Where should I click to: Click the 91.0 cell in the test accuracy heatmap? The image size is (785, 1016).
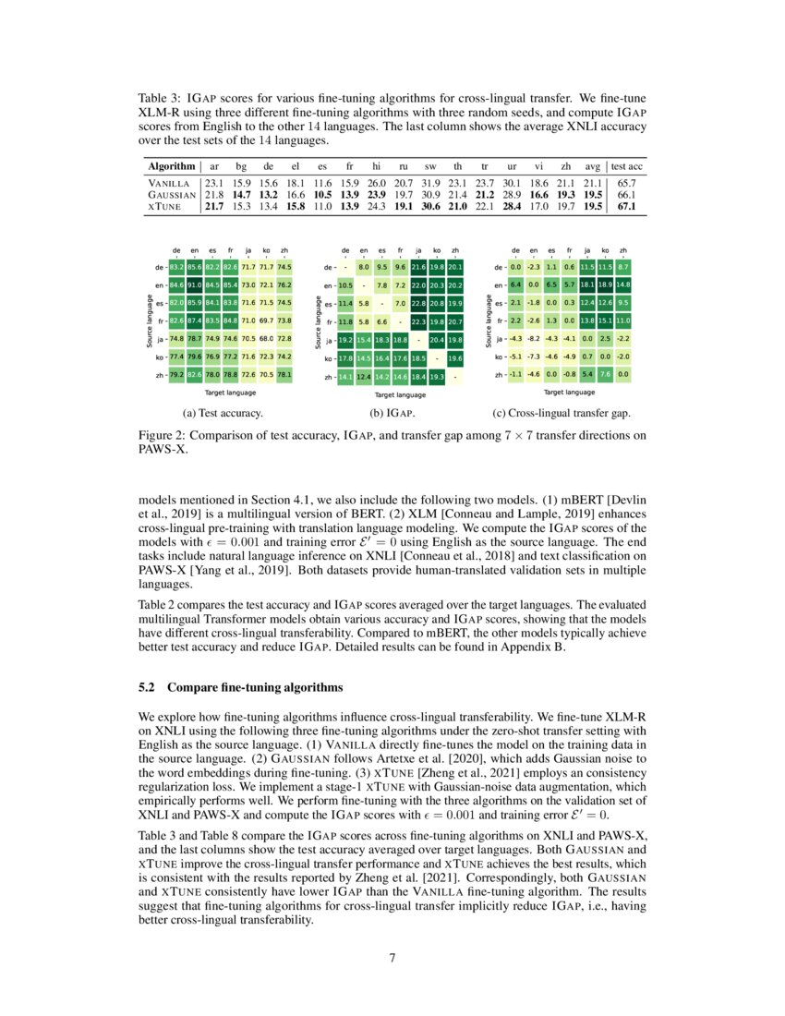(x=194, y=284)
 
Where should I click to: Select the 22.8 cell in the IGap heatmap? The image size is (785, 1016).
(x=418, y=302)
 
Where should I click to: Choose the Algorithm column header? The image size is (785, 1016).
(x=171, y=166)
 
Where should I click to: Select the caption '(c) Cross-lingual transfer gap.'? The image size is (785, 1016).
(x=562, y=413)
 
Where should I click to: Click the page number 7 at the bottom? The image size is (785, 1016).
(x=392, y=958)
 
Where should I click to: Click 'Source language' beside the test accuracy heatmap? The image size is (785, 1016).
(x=148, y=321)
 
